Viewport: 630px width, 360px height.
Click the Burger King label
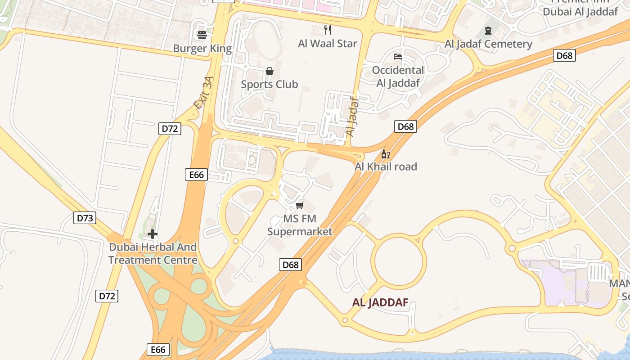(202, 49)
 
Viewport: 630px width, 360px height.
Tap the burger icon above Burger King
(202, 35)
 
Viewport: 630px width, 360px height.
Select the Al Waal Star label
(327, 44)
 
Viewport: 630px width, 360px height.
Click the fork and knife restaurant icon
(328, 30)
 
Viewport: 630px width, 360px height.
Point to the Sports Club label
(269, 84)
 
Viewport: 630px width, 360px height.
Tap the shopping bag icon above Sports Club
(269, 71)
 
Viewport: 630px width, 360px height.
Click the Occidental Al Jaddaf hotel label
(398, 76)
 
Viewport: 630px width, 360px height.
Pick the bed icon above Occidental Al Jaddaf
(398, 57)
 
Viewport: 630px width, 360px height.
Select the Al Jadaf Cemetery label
(488, 44)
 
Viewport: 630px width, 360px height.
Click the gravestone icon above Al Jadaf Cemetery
(488, 31)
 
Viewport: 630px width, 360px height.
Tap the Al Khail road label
(386, 166)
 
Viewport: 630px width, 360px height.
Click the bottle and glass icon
(386, 154)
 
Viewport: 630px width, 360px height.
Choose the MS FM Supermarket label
(300, 225)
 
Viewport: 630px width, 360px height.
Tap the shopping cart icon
(299, 206)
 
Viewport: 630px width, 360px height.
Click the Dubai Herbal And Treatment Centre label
(153, 253)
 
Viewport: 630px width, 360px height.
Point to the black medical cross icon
(153, 234)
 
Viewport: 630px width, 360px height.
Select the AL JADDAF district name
(380, 303)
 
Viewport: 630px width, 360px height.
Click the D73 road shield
(85, 218)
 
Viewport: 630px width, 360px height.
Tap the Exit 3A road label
(203, 93)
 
